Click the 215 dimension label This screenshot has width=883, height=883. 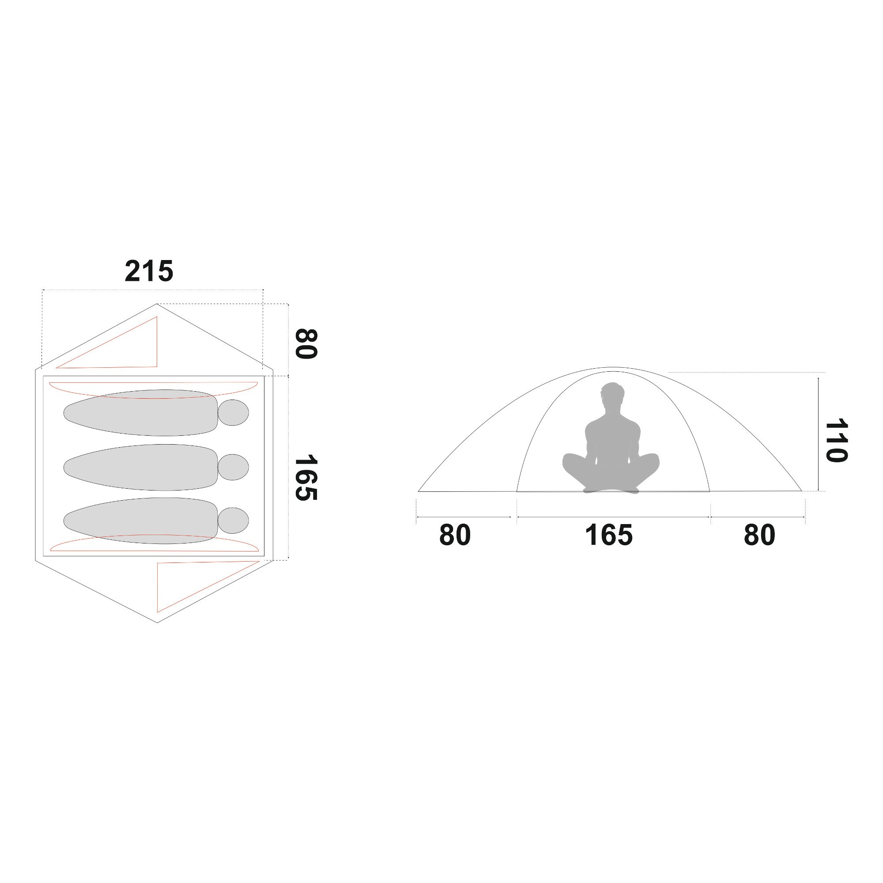(149, 271)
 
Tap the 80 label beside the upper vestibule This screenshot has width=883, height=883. (306, 343)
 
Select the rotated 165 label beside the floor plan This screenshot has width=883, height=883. (306, 478)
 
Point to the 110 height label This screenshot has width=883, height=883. (836, 441)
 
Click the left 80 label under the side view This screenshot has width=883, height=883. (455, 535)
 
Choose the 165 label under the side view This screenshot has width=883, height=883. (609, 535)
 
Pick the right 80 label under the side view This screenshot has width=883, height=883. (759, 535)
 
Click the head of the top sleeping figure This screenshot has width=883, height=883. (233, 413)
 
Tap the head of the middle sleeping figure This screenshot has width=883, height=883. (233, 467)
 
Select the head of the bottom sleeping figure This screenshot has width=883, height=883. (233, 521)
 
